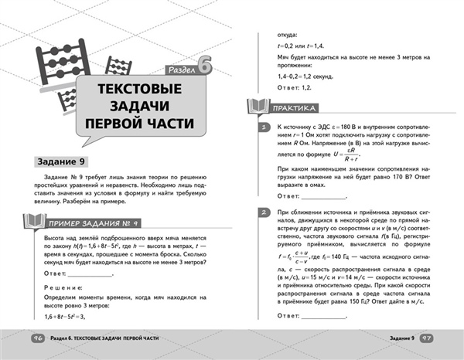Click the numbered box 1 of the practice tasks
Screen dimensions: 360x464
tap(264, 127)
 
